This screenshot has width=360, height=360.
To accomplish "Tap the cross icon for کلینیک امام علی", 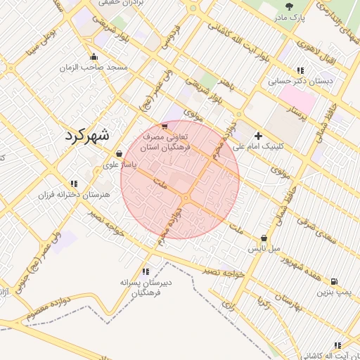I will coord(258,135).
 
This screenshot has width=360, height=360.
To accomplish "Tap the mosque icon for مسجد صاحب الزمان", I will coord(94,57).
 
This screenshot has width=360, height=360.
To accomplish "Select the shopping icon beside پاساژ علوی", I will coord(119,153).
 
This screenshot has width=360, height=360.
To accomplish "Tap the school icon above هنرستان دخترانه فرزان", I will coord(74,183).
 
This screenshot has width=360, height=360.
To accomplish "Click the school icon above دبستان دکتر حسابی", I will coord(300,70).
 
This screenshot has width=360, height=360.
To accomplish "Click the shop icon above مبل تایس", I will coord(264,238).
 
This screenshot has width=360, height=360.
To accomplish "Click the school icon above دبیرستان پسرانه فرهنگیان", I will coord(146,271).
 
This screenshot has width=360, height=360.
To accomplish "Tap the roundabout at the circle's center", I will coord(185,201).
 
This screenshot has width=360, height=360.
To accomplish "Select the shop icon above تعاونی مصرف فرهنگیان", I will coord(165,127).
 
